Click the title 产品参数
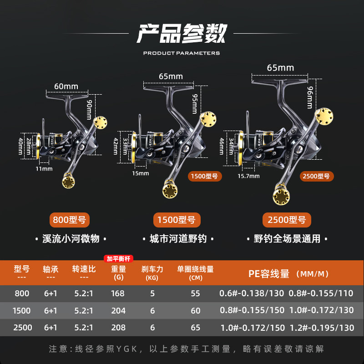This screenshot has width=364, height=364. pos(182,33)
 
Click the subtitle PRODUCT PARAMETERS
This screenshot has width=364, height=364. pos(182,53)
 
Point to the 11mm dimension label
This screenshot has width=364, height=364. pos(44,169)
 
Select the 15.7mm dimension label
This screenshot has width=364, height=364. pos(248,176)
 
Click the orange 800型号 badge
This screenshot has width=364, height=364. pos(69,220)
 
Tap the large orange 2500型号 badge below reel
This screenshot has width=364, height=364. pos(286,220)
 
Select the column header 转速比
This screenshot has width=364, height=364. pos(84,269)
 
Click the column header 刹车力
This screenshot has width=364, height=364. pos(152,269)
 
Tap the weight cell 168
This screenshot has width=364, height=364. pos(117,293)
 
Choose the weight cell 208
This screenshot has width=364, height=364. pos(117,328)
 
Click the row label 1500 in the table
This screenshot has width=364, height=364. pos(22,311)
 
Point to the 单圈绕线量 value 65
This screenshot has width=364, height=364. pos(195,328)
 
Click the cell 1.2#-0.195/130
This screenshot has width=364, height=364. pos(321,328)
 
